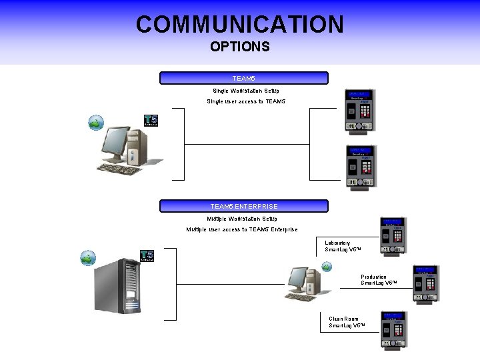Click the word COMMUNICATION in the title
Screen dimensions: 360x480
tap(240, 25)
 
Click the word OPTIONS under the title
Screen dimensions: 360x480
tap(240, 47)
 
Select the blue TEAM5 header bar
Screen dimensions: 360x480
tap(244, 78)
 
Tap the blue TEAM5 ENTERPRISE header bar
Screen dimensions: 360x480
tap(244, 206)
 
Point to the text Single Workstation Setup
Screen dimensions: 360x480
tap(246, 91)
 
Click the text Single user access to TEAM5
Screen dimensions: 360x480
tap(246, 101)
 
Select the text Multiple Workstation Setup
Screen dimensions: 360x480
tap(242, 219)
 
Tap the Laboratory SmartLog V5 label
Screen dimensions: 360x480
tap(343, 246)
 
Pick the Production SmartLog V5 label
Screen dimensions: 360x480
tap(379, 280)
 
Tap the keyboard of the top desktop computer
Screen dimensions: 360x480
tap(120, 169)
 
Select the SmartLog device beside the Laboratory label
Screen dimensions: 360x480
tap(392, 236)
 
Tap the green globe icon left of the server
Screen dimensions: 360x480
tap(88, 258)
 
